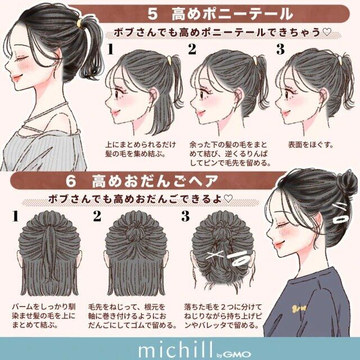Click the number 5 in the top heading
(x=152, y=14)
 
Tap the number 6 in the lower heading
(x=71, y=181)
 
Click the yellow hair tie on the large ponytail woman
(x=79, y=22)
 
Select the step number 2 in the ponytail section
(x=192, y=49)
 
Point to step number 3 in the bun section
(x=185, y=216)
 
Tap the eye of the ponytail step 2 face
(x=202, y=94)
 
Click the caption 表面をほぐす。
(x=310, y=145)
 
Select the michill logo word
(x=175, y=349)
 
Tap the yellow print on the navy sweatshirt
(x=299, y=309)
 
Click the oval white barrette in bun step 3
(x=240, y=259)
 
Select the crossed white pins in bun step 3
(x=215, y=254)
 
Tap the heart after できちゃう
(x=327, y=32)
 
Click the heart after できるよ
(x=228, y=199)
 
